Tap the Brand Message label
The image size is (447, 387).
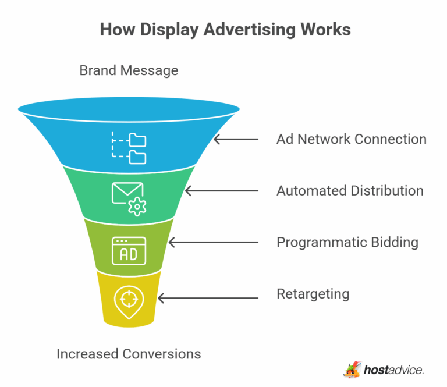[129, 71]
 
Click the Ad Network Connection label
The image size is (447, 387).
[352, 139]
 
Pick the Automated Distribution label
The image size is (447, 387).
[350, 190]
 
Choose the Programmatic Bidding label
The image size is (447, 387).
[347, 242]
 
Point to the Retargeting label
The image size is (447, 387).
[313, 293]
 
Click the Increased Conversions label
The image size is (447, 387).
[129, 353]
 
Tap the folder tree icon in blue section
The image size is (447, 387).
[129, 148]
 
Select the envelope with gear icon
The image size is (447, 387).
[129, 198]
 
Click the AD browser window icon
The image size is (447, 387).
[129, 250]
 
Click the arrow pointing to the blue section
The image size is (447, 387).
[236, 140]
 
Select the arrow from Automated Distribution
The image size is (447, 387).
[221, 191]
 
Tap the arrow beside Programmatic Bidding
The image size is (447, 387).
[213, 242]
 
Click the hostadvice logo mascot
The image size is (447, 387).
[352, 370]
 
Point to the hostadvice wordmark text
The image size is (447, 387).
[393, 370]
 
